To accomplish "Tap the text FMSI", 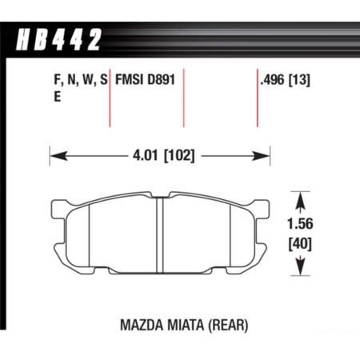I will point(131,78).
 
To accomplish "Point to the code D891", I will point(162,78).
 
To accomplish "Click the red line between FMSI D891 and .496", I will point(184,100).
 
